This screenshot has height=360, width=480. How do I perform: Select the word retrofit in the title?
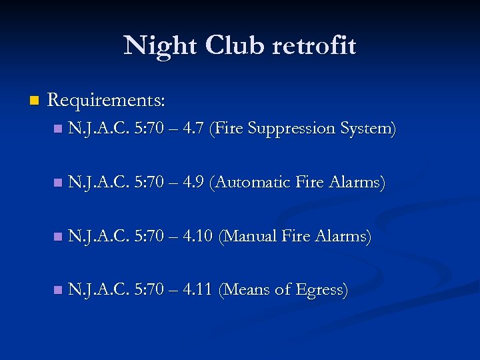point(314,46)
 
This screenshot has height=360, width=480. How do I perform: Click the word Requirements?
point(107,101)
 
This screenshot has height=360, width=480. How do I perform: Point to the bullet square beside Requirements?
point(34,101)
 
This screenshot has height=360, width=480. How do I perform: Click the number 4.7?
point(193,128)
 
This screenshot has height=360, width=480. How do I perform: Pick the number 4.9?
point(193,182)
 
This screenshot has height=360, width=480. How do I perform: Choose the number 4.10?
point(197,236)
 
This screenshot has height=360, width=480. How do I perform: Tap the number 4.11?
point(197,290)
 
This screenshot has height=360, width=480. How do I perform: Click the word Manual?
point(249,236)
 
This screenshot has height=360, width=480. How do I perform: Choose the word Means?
point(247,290)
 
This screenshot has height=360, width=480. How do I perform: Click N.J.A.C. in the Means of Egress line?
point(98,290)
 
